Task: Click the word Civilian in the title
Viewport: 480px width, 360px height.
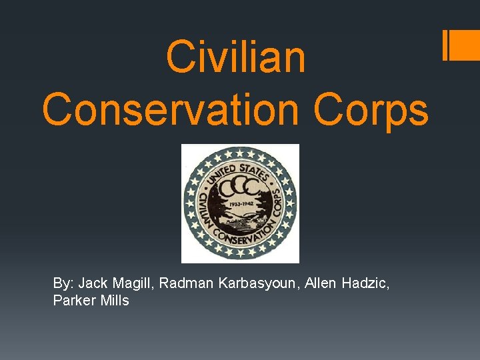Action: [x=235, y=57]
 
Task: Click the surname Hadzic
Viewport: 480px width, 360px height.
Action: [x=365, y=283]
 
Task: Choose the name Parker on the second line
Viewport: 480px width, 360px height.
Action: [x=71, y=301]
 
